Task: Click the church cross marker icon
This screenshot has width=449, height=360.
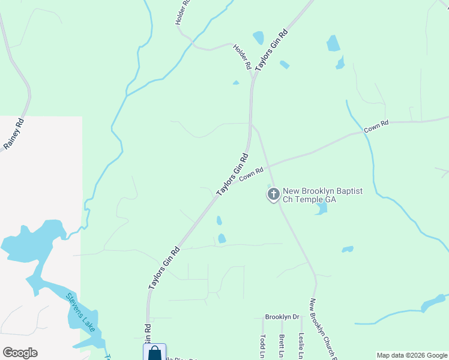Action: click(x=273, y=194)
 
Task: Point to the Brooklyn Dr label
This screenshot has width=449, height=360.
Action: click(x=282, y=316)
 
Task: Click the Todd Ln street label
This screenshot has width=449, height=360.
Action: click(x=262, y=347)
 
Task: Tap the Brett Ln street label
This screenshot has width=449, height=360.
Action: click(x=281, y=347)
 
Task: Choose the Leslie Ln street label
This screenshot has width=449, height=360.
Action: click(x=301, y=346)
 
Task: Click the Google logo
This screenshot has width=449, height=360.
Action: click(x=20, y=353)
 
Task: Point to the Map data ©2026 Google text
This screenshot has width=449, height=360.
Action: click(x=412, y=355)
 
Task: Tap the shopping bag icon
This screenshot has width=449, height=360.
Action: click(x=154, y=353)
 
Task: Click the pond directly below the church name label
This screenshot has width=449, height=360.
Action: click(x=321, y=208)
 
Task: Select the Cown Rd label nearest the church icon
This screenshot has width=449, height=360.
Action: click(x=252, y=174)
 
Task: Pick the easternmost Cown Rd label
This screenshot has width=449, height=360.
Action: click(x=376, y=126)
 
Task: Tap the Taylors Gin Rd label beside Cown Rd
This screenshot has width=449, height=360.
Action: click(x=233, y=174)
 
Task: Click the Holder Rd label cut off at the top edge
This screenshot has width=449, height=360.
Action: click(x=182, y=12)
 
